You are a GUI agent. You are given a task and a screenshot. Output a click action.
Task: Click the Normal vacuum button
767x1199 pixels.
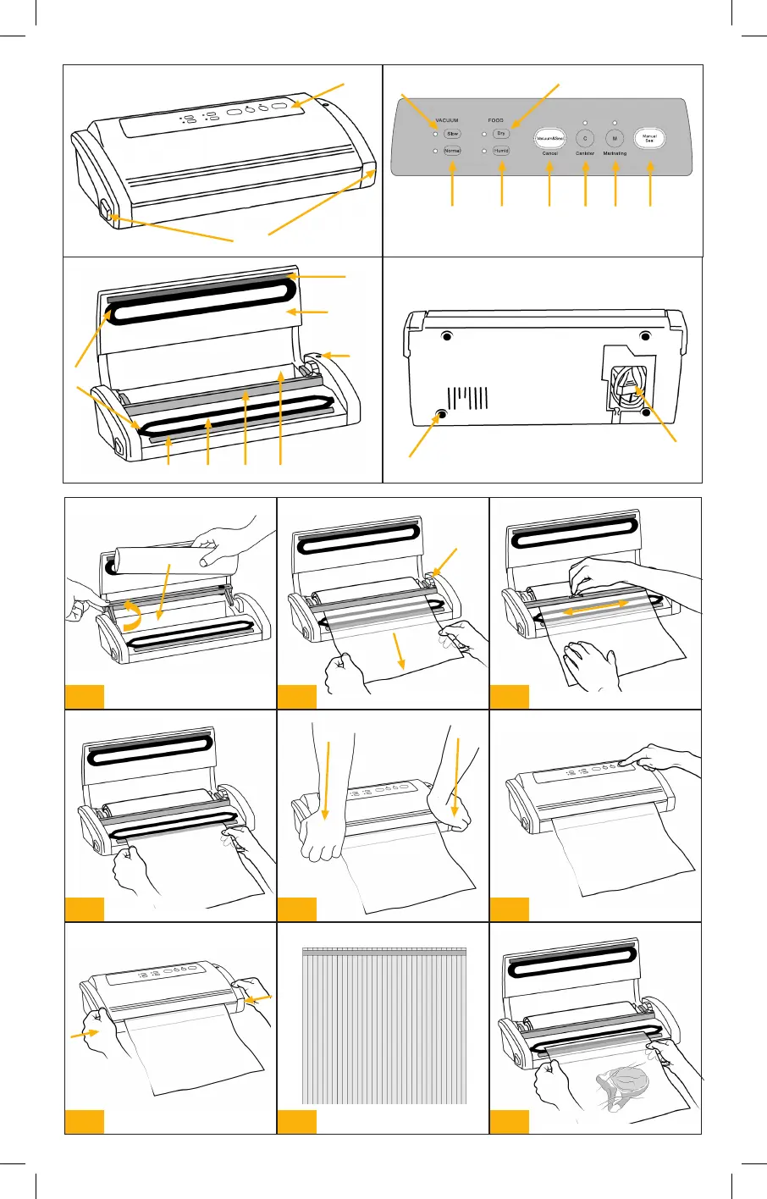[452, 151]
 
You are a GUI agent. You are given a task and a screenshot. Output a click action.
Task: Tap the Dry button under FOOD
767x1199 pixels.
[501, 134]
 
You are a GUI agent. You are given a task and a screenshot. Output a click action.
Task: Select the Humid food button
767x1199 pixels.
[501, 151]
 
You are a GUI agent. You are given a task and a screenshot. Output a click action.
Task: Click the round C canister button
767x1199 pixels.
[585, 138]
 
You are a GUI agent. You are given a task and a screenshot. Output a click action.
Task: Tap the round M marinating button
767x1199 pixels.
[615, 138]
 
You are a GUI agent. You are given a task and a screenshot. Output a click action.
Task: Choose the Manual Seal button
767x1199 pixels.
[649, 138]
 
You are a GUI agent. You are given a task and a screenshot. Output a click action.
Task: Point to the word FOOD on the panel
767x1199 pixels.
[496, 120]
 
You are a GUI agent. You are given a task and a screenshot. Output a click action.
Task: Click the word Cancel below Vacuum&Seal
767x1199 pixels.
[549, 154]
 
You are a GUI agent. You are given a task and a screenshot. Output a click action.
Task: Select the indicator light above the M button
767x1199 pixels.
[615, 124]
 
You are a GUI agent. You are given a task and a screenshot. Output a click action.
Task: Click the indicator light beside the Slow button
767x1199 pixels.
[435, 134]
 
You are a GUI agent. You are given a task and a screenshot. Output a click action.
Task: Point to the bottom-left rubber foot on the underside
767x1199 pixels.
[440, 415]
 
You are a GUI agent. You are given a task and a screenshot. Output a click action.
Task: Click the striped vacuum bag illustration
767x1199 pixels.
[383, 1025]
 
